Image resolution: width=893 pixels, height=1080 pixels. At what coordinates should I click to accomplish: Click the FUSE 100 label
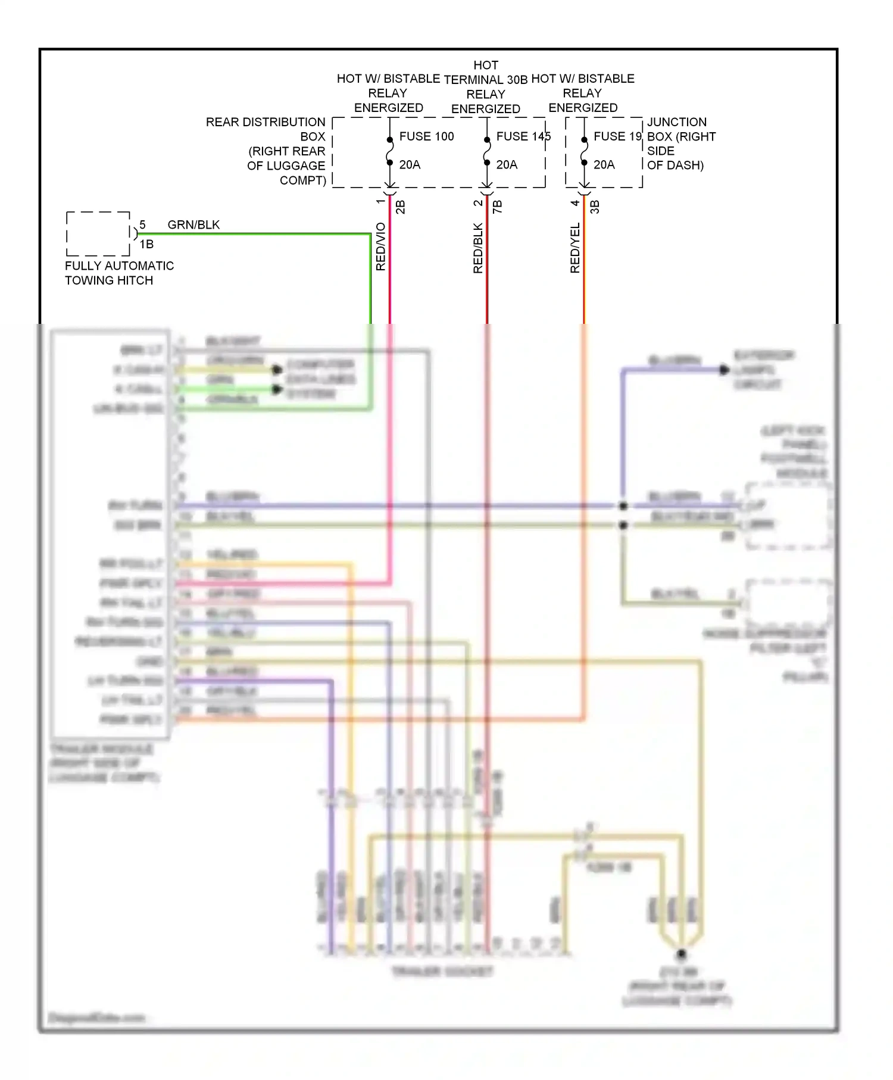point(426,136)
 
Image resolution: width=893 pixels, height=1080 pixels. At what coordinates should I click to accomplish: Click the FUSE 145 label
point(523,136)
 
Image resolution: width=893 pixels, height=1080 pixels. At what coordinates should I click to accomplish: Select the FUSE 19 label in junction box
point(617,136)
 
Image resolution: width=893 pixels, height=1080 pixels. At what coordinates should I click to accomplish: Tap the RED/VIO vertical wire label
point(381,247)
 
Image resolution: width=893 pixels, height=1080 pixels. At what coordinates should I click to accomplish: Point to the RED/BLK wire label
point(478,248)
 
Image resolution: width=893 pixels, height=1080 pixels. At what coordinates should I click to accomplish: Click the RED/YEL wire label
point(575,248)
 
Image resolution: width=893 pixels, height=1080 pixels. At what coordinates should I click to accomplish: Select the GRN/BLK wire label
point(193,224)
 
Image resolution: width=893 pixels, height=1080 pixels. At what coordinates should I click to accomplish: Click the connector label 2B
point(401,207)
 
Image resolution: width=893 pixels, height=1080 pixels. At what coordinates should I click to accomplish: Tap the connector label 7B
point(498,207)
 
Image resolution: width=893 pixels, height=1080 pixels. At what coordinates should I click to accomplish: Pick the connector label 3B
point(595,207)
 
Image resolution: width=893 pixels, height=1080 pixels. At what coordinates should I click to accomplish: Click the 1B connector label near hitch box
point(146,244)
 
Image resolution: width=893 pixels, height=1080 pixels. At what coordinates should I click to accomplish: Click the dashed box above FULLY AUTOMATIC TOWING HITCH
point(98,233)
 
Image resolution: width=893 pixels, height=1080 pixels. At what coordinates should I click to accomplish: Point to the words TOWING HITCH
point(109,280)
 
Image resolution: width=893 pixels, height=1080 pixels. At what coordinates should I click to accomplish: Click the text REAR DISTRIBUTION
point(266,122)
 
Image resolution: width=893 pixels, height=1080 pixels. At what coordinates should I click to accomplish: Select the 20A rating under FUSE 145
point(507,165)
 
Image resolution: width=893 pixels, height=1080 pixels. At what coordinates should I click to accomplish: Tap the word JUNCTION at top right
point(677,122)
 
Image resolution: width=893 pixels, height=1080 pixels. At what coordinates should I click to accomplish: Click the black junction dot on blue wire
point(623,506)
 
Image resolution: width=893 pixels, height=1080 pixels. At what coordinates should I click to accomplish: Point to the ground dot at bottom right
point(682,954)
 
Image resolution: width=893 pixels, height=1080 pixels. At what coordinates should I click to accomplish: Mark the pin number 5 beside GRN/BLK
point(142,224)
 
